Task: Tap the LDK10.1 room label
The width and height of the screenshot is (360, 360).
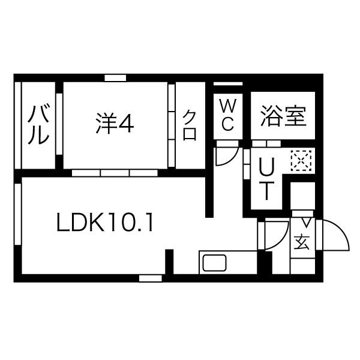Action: pos(106,224)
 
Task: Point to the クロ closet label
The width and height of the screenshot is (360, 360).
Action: pos(190,124)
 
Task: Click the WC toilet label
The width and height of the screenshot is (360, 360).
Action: pos(227,115)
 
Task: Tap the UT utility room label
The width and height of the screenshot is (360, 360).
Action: pos(266,178)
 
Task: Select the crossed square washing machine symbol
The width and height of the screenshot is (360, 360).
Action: pos(299,159)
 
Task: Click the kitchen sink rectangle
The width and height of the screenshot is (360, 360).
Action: pos(214,263)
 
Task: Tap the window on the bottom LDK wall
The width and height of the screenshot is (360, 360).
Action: pos(151,278)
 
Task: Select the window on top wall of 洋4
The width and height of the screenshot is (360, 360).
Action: pos(115,77)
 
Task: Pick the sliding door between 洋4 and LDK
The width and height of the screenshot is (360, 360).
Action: pos(115,173)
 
